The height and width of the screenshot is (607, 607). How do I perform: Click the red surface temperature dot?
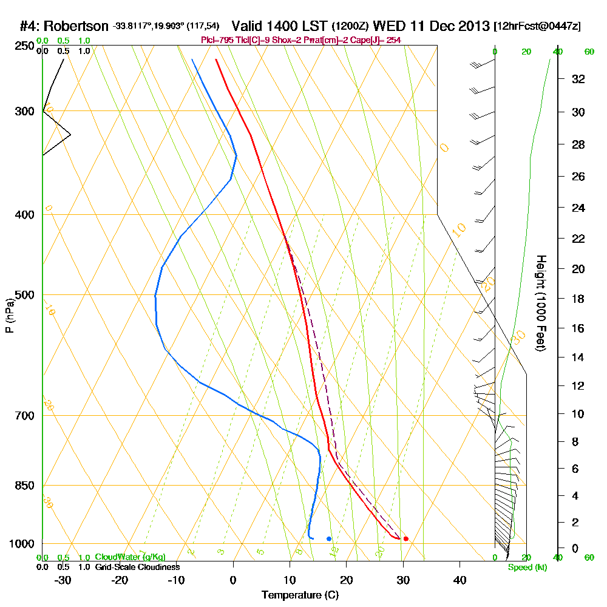(405, 538)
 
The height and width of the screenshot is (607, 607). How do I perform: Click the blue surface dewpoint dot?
(328, 538)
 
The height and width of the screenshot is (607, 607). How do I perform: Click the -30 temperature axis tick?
(63, 579)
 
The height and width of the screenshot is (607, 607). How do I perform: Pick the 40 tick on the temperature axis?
(459, 579)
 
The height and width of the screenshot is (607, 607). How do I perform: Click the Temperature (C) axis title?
(300, 595)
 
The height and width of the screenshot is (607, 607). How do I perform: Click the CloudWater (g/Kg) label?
(130, 557)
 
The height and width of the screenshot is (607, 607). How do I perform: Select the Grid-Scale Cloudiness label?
(137, 567)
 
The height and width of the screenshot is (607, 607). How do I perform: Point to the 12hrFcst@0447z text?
(538, 27)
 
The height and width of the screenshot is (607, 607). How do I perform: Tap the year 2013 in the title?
(472, 26)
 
